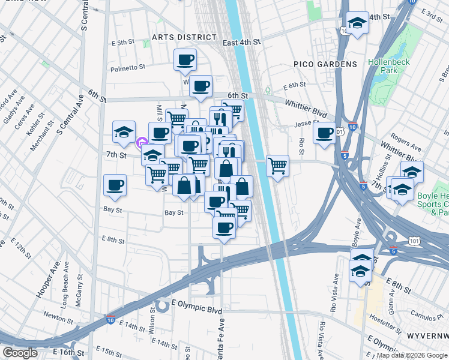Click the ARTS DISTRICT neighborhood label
(175, 37)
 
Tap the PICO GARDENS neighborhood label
(325, 64)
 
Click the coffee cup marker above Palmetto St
(185, 59)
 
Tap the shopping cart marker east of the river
(277, 165)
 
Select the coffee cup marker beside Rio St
(324, 133)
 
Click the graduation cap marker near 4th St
(358, 24)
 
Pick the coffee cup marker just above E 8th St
(224, 227)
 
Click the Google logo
(20, 353)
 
